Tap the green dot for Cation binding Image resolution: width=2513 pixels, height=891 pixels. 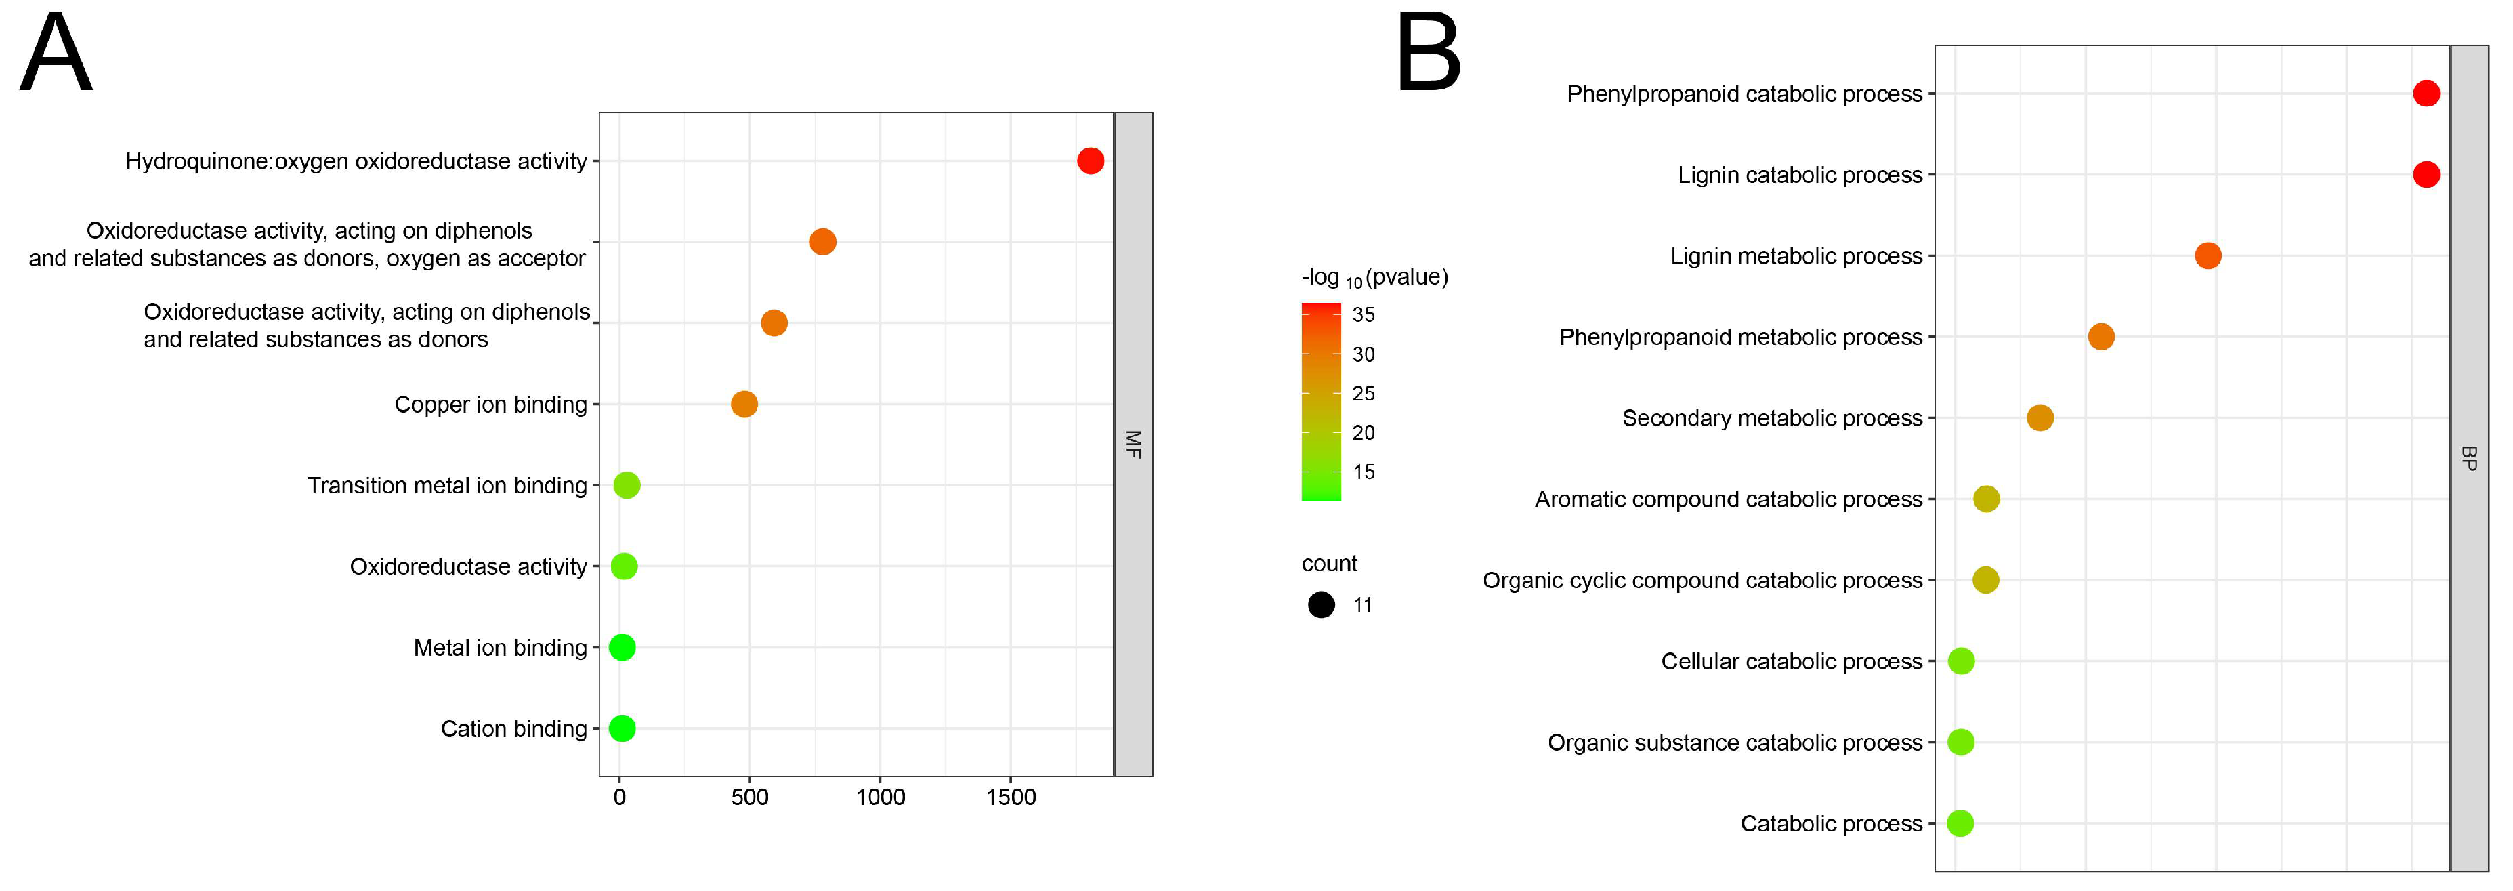(x=621, y=728)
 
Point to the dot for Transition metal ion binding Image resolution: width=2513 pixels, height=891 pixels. (x=627, y=485)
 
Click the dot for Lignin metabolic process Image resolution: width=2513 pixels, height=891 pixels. (x=2208, y=255)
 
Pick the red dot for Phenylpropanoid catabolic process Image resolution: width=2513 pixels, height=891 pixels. (x=2426, y=94)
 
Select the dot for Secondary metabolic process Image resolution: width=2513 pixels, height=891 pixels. (x=2040, y=417)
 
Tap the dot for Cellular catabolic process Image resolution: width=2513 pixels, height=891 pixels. (x=1961, y=661)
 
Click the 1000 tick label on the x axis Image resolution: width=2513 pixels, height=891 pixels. (x=880, y=797)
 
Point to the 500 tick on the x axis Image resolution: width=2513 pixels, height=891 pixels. (x=749, y=797)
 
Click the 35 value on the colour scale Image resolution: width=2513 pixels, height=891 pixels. (x=1363, y=315)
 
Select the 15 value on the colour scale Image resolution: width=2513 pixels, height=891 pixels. (x=1363, y=472)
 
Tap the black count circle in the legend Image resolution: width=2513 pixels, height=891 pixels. (x=1321, y=605)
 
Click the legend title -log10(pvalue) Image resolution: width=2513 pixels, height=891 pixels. (x=1374, y=278)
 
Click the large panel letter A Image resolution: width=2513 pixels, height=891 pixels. (x=57, y=54)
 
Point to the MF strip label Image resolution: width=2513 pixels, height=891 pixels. (x=1133, y=444)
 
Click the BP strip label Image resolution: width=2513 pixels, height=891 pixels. (x=2468, y=458)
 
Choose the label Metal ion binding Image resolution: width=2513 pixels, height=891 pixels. (x=499, y=648)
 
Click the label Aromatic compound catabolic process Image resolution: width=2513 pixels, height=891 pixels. (x=1728, y=499)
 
